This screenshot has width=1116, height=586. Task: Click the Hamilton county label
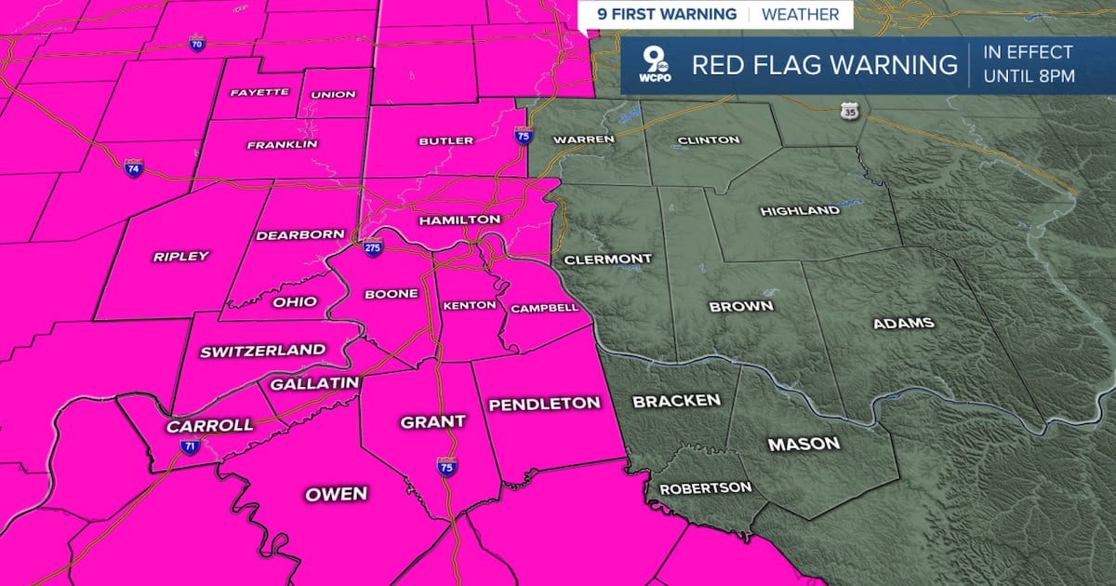point(459,220)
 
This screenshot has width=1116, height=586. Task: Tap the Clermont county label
point(608,259)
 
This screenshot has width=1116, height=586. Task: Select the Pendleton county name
point(544,404)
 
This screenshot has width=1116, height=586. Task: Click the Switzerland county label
point(263,351)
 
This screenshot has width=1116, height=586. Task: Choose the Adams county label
point(903,324)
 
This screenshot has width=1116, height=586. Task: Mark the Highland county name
point(800,211)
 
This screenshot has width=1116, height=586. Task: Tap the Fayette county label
point(259,92)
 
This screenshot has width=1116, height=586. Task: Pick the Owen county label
point(337,494)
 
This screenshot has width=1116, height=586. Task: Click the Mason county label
point(804,445)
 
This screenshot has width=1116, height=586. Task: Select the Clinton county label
point(709,140)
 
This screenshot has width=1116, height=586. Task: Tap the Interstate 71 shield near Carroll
point(189,447)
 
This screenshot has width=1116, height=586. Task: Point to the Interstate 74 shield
point(134,167)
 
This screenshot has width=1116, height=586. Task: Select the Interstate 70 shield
point(195,43)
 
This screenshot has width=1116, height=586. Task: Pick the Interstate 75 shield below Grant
point(446,464)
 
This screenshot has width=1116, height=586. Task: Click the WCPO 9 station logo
point(654,66)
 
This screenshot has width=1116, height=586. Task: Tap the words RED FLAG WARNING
point(824,65)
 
